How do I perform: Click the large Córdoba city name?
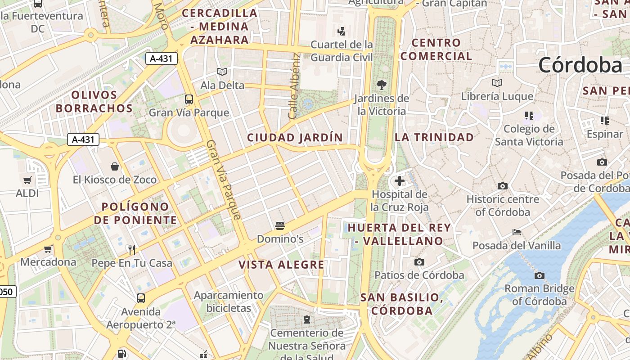pos(580,65)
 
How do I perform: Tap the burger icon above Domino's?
pos(280,225)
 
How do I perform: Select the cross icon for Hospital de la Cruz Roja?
pos(399,181)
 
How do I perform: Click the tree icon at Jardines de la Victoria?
pos(382,85)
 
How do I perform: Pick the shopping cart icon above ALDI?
pos(27,180)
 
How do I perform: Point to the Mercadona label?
pos(48,262)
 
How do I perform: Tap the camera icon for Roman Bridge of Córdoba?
pos(539,275)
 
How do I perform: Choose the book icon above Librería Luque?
pos(497,83)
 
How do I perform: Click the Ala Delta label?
pos(222,85)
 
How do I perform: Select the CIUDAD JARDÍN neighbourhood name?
pos(295,137)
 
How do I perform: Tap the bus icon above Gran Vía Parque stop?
pos(189,99)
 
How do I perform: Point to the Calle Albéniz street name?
pos(294,86)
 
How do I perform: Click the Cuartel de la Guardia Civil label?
pos(342,51)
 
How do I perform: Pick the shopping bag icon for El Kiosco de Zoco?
pos(115,167)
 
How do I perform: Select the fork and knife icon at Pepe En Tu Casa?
pos(132,249)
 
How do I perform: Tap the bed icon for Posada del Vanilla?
pos(517,232)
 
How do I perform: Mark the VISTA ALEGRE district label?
pos(281,265)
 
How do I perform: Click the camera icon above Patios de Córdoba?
pos(419,262)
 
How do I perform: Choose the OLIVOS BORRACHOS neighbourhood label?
pos(94,102)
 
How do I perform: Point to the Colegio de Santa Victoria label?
pos(529,135)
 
